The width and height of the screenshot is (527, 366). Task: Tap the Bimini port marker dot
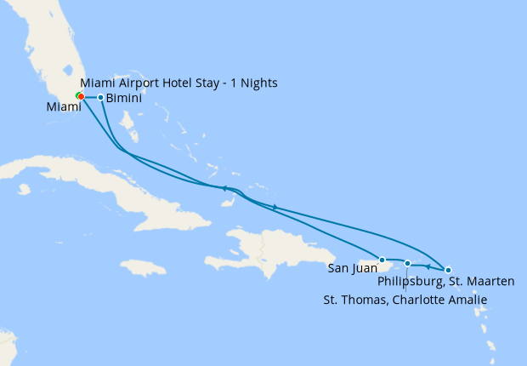pos(100,97)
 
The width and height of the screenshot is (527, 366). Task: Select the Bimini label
pos(124,98)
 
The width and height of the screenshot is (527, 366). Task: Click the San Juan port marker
pos(382,260)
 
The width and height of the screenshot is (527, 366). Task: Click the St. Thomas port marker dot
pos(408,264)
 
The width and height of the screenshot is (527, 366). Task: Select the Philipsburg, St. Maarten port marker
pos(449,269)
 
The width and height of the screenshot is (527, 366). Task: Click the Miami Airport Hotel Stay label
pos(178,83)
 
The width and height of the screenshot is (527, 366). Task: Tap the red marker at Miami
pos(81,96)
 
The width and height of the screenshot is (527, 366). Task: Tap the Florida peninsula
pos(55,51)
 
